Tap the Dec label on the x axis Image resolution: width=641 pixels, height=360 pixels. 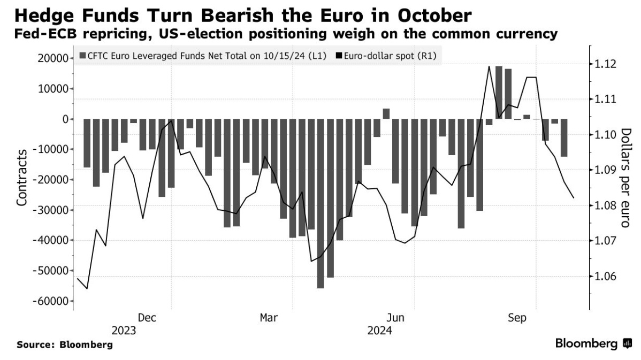[147, 318]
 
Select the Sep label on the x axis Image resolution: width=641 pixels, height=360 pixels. [517, 318]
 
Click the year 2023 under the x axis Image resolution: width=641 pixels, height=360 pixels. [124, 331]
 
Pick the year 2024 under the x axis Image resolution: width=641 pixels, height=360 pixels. [380, 331]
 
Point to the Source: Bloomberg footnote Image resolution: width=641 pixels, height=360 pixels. [65, 345]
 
